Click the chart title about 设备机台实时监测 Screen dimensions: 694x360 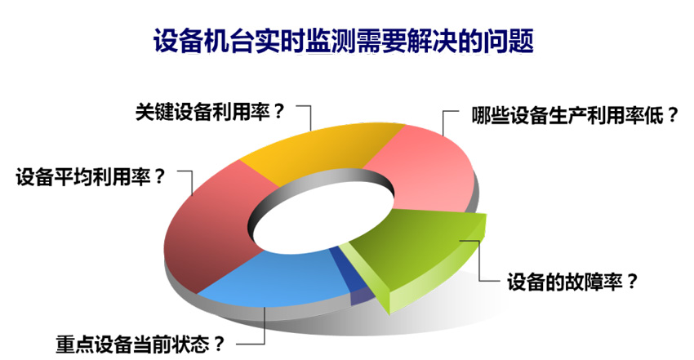click(344, 41)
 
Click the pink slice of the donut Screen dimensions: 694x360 click(425, 168)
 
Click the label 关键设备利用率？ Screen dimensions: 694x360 click(209, 113)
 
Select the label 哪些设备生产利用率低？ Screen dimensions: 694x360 click(575, 116)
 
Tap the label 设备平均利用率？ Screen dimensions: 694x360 click(91, 178)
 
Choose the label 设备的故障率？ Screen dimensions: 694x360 click(572, 282)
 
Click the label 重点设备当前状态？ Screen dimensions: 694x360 click(140, 344)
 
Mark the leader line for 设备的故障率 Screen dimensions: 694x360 click(479, 261)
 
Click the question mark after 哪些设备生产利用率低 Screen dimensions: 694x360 click(673, 116)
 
